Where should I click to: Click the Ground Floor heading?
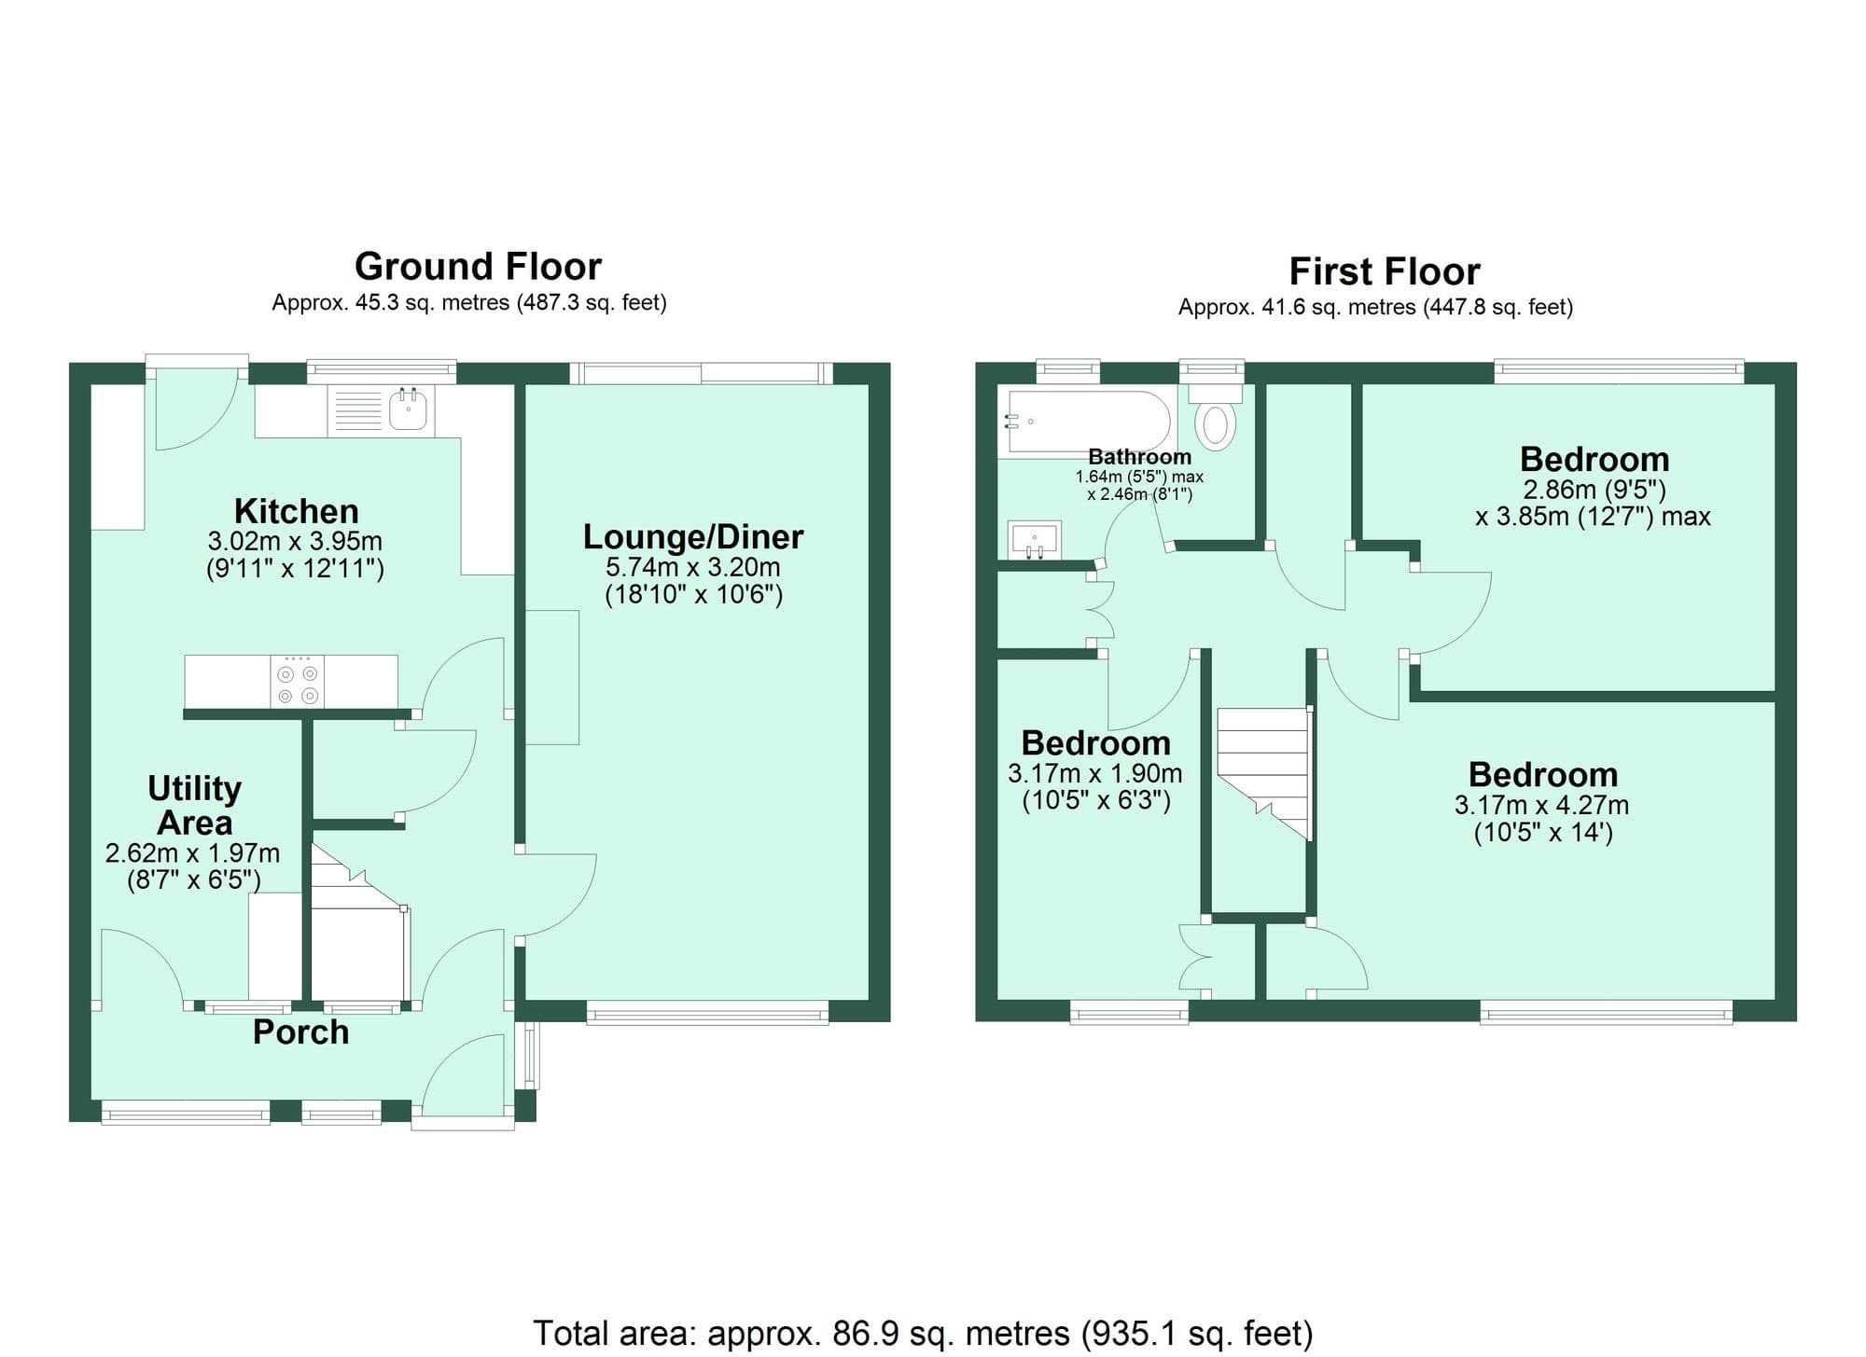click(x=478, y=267)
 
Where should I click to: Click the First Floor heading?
click(x=1384, y=272)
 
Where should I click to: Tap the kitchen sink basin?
click(x=408, y=410)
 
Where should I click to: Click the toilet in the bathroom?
click(x=1215, y=424)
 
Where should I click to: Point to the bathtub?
click(x=1087, y=422)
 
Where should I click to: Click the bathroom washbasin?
click(x=1035, y=539)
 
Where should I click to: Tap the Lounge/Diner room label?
click(x=692, y=537)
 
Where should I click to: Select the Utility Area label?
click(x=194, y=806)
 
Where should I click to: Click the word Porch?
click(x=300, y=1032)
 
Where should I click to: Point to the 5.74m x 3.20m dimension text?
click(x=692, y=567)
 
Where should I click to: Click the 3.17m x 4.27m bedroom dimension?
click(x=1541, y=805)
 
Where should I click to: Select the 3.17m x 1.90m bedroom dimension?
click(x=1094, y=773)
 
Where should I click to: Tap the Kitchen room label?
click(x=296, y=511)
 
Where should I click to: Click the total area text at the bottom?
click(x=922, y=1333)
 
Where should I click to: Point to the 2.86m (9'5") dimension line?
click(x=1594, y=490)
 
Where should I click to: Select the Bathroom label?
click(x=1139, y=457)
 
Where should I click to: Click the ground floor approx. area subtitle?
click(x=468, y=303)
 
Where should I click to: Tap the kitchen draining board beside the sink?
click(x=357, y=410)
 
